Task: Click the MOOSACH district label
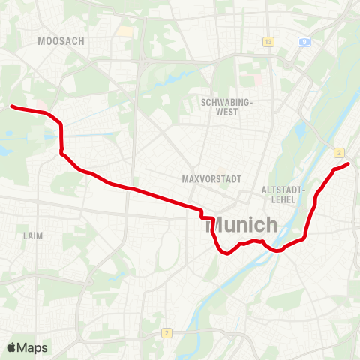click(61, 41)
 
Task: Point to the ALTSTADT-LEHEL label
click(282, 195)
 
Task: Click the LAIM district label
click(33, 235)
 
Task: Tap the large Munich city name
click(241, 224)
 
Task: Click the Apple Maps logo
click(27, 347)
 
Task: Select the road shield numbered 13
click(268, 41)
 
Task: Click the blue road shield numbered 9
click(304, 42)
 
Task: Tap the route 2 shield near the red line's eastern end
click(339, 151)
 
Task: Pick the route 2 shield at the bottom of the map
click(166, 332)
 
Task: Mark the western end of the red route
click(12, 106)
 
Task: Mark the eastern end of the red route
click(349, 163)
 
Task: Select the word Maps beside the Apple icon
click(33, 347)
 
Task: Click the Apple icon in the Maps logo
click(12, 347)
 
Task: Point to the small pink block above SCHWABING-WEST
click(259, 78)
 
